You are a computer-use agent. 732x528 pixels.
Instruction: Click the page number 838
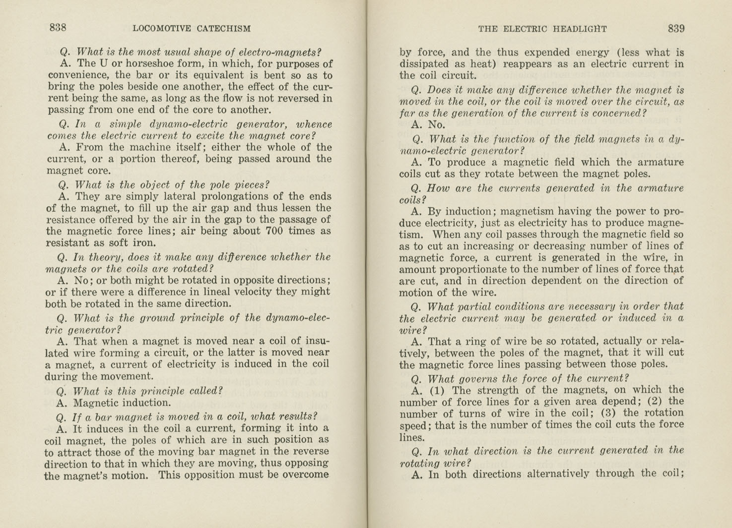(58, 28)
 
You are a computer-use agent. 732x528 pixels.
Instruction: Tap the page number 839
(676, 28)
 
